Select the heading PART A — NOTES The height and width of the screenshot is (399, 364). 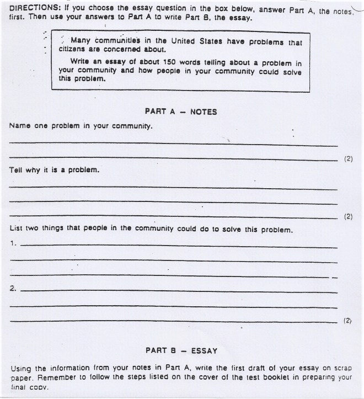pyautogui.click(x=181, y=111)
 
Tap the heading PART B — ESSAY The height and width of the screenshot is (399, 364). pyautogui.click(x=181, y=350)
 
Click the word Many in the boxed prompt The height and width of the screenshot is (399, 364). pyautogui.click(x=81, y=40)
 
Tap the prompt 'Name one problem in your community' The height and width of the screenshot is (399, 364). pyautogui.click(x=81, y=126)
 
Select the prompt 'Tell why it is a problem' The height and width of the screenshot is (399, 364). pyautogui.click(x=55, y=170)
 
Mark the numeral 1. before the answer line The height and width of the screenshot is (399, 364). pyautogui.click(x=13, y=243)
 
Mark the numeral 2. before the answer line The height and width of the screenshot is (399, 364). pyautogui.click(x=13, y=289)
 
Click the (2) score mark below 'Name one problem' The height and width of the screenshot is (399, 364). pyautogui.click(x=348, y=159)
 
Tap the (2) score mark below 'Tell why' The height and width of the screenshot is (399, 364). pyautogui.click(x=348, y=216)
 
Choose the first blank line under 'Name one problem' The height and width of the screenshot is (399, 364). pyautogui.click(x=173, y=145)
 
